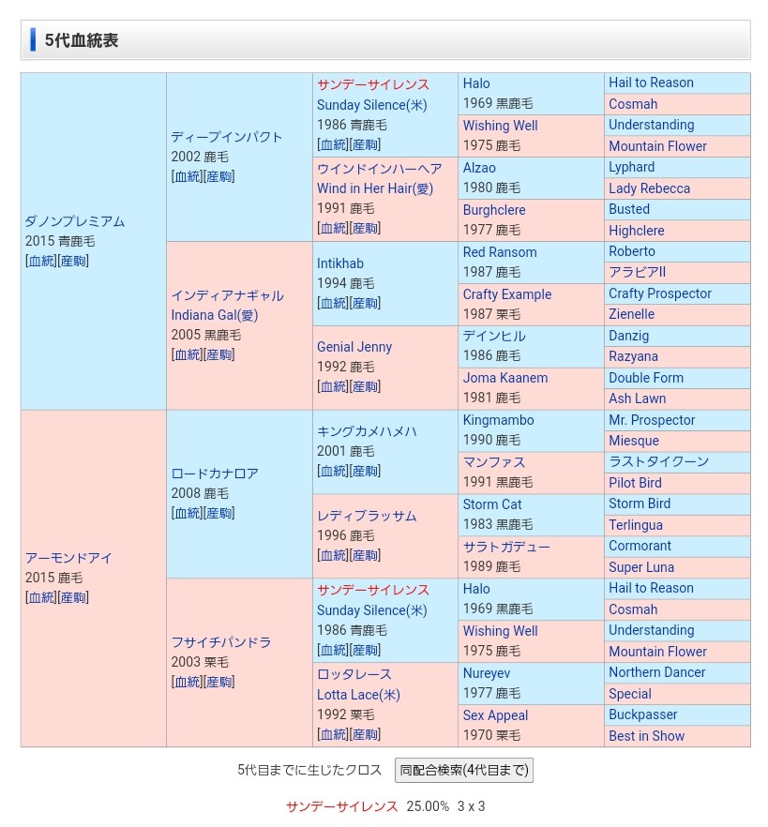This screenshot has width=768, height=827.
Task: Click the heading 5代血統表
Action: pyautogui.click(x=82, y=40)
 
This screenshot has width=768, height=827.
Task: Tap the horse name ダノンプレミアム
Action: pyautogui.click(x=75, y=221)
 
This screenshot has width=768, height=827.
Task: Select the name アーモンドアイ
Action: pyautogui.click(x=68, y=558)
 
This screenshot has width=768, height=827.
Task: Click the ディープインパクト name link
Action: pyautogui.click(x=227, y=137)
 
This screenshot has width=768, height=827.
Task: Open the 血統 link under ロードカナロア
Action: pyautogui.click(x=188, y=513)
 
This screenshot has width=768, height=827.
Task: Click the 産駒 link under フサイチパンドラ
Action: pyautogui.click(x=220, y=682)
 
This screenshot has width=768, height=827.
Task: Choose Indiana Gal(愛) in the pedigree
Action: pyautogui.click(x=215, y=315)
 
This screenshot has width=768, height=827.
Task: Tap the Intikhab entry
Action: pyautogui.click(x=340, y=263)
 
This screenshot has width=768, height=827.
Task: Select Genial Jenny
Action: pyautogui.click(x=354, y=347)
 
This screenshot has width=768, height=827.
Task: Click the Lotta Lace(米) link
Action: pyautogui.click(x=358, y=695)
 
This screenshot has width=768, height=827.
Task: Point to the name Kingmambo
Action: pyautogui.click(x=498, y=420)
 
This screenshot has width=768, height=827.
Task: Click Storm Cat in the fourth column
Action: pyautogui.click(x=492, y=504)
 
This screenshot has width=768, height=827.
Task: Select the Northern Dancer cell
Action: pyautogui.click(x=656, y=672)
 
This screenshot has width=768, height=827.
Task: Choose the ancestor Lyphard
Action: pyautogui.click(x=632, y=167)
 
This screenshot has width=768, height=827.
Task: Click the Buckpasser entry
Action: pyautogui.click(x=643, y=714)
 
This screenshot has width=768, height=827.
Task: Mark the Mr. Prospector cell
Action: pyautogui.click(x=652, y=420)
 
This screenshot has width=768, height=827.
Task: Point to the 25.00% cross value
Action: pyautogui.click(x=428, y=806)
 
